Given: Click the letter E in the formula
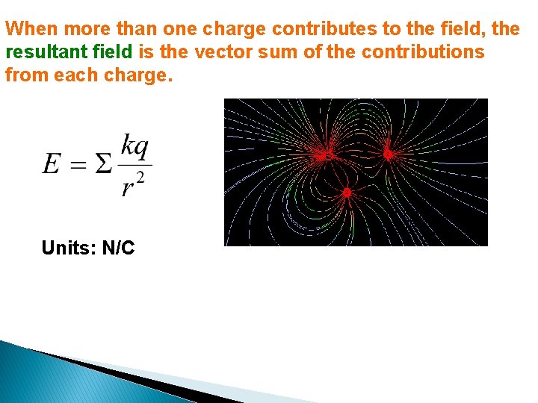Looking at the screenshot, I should click(51, 164).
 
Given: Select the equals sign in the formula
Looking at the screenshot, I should click(78, 165).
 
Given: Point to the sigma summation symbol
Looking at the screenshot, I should click(105, 164).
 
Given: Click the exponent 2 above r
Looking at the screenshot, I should click(140, 177).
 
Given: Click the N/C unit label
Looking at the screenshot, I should click(118, 249).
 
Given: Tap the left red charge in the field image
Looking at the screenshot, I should click(327, 155).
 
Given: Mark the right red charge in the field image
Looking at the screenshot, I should click(388, 154).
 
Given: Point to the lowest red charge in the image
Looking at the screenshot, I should click(347, 193).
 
